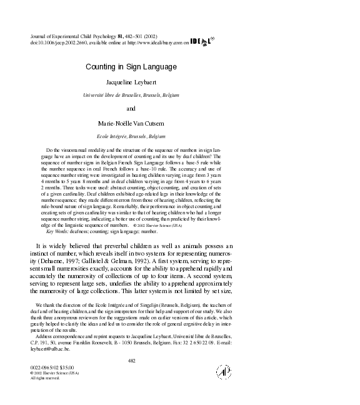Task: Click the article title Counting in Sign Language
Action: (131, 66)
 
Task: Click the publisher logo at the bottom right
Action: (223, 371)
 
